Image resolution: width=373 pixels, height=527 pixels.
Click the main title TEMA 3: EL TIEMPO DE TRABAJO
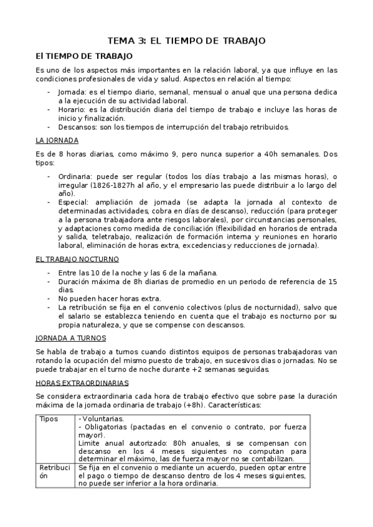(x=187, y=40)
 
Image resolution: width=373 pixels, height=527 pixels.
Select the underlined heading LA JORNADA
(x=58, y=140)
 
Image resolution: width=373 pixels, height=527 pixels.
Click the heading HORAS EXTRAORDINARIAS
(x=82, y=382)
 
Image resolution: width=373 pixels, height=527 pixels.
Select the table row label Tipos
(x=49, y=419)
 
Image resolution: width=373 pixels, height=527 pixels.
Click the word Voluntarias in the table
(x=103, y=419)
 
